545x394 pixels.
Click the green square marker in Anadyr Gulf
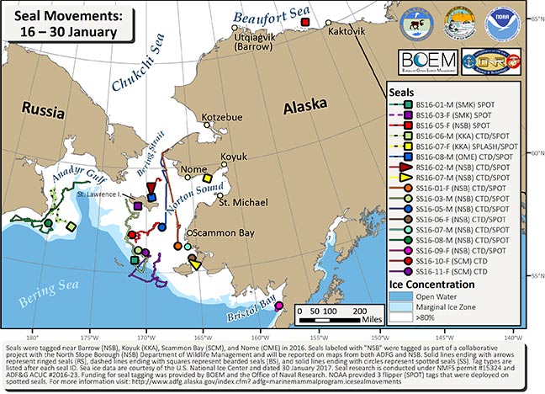coord(70,225)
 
